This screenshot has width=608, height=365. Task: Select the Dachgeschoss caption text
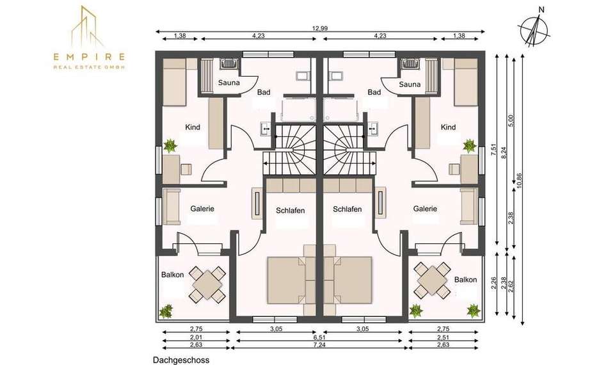181,360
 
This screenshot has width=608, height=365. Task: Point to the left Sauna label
228,83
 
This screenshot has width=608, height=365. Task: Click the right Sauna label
410,84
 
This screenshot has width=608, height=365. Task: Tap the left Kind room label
193,127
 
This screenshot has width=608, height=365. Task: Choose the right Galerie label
425,209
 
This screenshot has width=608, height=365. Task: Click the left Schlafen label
291,211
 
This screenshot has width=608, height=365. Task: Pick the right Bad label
374,92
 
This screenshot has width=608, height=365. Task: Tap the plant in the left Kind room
170,146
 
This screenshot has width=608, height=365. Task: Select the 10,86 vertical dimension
520,181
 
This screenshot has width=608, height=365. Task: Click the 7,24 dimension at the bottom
319,345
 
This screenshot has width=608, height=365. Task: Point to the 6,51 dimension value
319,337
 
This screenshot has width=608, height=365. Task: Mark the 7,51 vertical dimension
493,150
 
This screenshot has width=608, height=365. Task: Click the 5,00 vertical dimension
511,120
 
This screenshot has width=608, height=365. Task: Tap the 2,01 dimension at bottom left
196,337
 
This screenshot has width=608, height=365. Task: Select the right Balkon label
465,280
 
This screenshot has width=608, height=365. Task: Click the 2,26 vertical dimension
493,283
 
